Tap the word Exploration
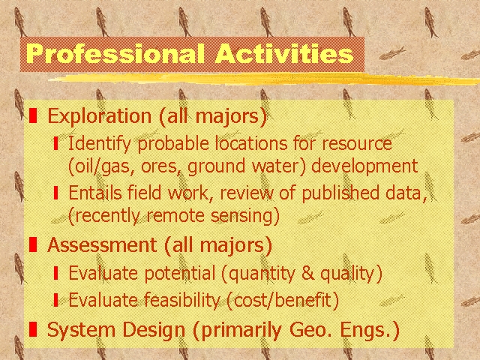(x=99, y=116)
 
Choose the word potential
(x=160, y=273)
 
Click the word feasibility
(x=165, y=301)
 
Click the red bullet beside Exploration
(x=33, y=116)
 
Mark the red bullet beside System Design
(x=33, y=330)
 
